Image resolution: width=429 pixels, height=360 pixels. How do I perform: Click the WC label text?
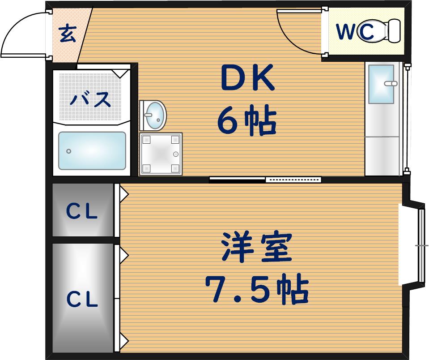(x=355, y=31)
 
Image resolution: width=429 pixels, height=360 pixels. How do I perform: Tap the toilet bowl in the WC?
(x=375, y=30)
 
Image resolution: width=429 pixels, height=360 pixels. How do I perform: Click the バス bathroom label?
(x=90, y=99)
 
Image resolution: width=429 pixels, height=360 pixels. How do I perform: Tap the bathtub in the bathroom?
(x=92, y=151)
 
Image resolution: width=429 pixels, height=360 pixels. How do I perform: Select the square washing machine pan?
(x=161, y=154)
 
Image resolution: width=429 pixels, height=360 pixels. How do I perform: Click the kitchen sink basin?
(x=381, y=84)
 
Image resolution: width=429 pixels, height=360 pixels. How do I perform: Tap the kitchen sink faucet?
(x=391, y=83)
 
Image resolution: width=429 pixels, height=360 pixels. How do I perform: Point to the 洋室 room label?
(x=257, y=247)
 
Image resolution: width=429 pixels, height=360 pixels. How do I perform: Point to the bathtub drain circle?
(x=69, y=151)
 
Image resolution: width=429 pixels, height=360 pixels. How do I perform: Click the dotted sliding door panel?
(x=293, y=180)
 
